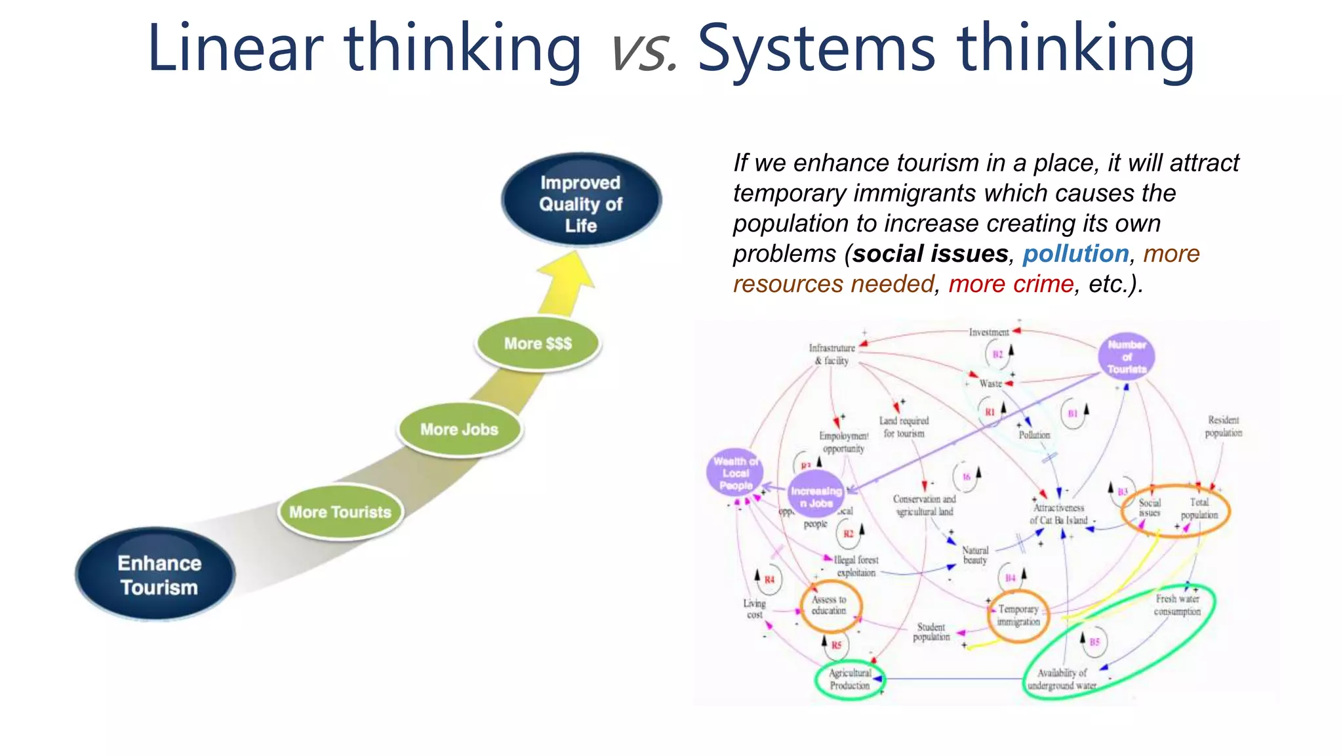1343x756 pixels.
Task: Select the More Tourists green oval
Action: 340,512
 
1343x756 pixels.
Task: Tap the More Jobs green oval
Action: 459,429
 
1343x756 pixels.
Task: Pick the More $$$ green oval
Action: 538,343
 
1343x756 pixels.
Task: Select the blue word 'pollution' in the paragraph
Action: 1075,253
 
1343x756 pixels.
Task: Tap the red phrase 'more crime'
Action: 1011,283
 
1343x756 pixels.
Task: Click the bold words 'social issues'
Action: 930,253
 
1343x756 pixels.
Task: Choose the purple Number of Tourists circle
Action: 1126,356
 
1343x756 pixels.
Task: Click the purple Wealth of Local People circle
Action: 735,472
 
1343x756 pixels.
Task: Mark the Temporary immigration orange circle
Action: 1018,616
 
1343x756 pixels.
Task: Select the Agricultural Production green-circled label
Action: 849,679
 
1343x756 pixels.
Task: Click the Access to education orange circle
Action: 830,605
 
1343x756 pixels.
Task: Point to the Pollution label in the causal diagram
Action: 1034,435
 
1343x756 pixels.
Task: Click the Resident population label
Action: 1223,426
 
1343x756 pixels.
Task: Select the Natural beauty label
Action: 975,555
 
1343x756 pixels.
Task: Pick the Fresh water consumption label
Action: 1177,605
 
